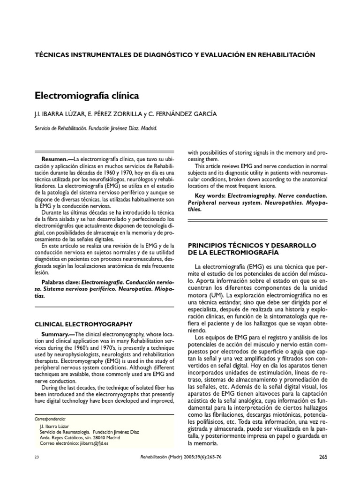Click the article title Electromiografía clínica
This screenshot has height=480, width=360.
(87, 96)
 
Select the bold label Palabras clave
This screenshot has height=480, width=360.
(61, 283)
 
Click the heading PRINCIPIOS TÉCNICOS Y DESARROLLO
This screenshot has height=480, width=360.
(252, 245)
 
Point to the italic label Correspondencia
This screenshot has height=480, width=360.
(51, 419)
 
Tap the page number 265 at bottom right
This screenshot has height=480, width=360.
(323, 457)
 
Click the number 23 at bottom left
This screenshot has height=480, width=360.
(37, 457)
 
